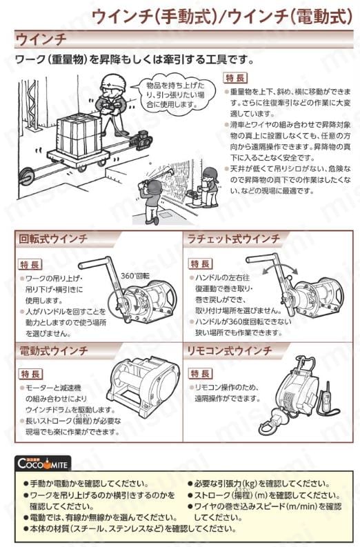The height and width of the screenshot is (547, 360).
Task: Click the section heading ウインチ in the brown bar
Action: point(41,39)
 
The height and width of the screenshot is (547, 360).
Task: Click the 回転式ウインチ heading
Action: point(52,239)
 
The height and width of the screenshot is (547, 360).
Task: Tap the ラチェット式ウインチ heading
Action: point(234,239)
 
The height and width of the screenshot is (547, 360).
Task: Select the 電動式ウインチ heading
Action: point(52,350)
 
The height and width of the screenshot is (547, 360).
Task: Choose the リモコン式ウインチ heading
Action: point(229,350)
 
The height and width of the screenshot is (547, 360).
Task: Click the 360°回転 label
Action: point(135,276)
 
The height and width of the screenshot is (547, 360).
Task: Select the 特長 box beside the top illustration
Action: point(235,78)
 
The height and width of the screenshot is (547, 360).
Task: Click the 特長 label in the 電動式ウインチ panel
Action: point(31,375)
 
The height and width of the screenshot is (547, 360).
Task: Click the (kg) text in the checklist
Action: point(249,484)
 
